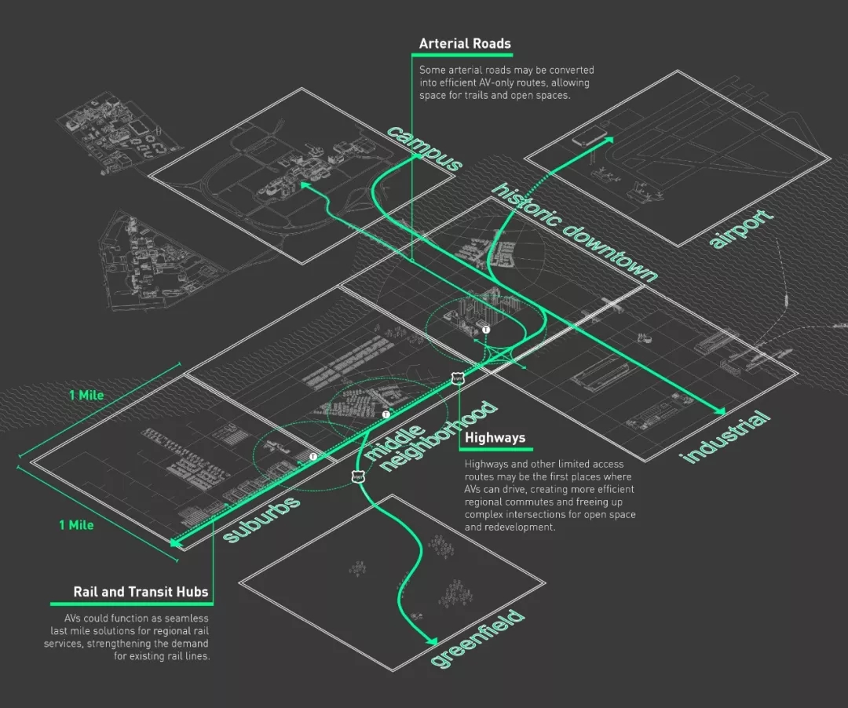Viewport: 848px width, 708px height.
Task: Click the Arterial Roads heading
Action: pyautogui.click(x=465, y=44)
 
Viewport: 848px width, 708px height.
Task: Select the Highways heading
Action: pyautogui.click(x=495, y=438)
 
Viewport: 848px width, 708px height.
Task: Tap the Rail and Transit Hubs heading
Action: pyautogui.click(x=141, y=591)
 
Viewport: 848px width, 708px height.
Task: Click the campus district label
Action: pyautogui.click(x=424, y=148)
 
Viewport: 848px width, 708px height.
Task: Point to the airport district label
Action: pyautogui.click(x=741, y=228)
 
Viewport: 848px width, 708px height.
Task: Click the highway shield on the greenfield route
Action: pyautogui.click(x=358, y=476)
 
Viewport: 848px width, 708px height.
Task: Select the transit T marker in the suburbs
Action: pyautogui.click(x=313, y=455)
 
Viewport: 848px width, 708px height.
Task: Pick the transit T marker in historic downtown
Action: pyautogui.click(x=486, y=330)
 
